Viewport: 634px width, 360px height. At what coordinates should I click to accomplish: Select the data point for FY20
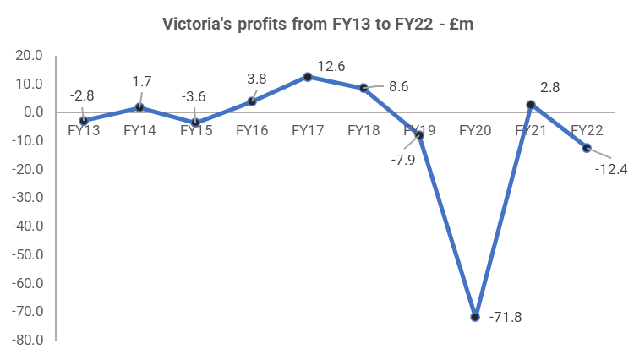coord(475,317)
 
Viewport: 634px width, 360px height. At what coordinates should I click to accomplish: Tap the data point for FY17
coord(308,76)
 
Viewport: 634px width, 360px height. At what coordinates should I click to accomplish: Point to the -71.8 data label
coord(506,318)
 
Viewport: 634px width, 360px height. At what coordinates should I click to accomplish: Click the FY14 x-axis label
coord(139,130)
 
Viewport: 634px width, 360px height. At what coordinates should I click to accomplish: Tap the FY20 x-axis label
coord(475,130)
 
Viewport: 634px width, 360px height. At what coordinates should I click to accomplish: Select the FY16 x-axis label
coord(252,130)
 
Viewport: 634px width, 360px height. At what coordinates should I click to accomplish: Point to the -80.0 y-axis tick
coord(29,341)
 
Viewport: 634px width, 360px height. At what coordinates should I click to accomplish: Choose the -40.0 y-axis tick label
coord(29,226)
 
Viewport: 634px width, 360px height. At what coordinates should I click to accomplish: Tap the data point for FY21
coord(531,105)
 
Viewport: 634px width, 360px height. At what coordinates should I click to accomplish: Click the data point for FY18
coord(363,87)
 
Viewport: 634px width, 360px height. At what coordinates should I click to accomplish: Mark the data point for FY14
coord(139,107)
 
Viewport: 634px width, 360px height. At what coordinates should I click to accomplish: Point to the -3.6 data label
coord(195,95)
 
